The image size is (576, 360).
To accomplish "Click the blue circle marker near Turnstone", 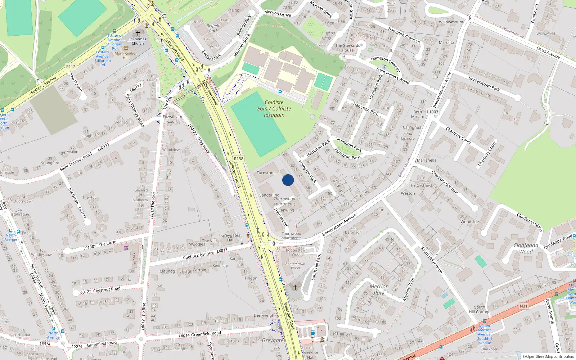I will [288, 180].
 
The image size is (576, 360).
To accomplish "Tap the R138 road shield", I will [238, 159].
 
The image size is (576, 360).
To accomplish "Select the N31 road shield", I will [523, 306].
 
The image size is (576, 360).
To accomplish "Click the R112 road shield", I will [71, 67].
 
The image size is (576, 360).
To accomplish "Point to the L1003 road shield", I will [433, 112].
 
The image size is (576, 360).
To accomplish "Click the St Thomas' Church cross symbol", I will [138, 33].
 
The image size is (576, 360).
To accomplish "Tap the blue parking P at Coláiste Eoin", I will [280, 93].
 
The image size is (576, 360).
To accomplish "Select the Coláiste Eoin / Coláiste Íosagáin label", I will [274, 109].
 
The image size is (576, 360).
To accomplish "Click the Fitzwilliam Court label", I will [172, 119].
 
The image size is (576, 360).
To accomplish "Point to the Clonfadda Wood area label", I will [526, 248].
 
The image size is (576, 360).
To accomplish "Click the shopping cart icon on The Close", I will [126, 248].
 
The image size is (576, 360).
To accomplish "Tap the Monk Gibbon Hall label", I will [126, 55].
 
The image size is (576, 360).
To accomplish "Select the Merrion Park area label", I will [379, 289].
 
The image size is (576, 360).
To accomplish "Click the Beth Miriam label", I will [418, 114].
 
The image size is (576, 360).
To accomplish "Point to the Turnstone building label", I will [266, 173].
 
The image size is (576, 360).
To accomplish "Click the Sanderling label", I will [269, 195].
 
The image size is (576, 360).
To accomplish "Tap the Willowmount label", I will [451, 22].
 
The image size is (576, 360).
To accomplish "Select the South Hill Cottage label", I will [480, 310].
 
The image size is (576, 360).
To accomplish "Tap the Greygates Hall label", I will [230, 238].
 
